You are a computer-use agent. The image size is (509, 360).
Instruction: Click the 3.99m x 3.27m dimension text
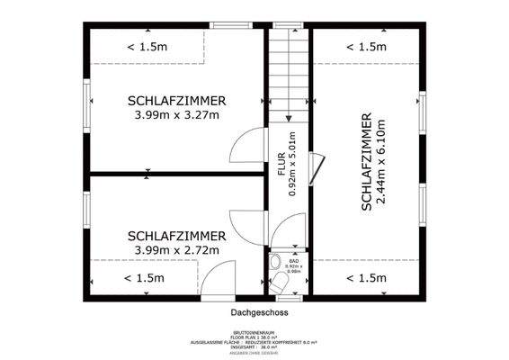click(x=176, y=115)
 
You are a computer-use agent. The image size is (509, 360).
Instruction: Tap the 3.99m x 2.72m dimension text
click(x=176, y=250)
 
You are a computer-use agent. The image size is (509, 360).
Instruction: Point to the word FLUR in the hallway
click(x=281, y=163)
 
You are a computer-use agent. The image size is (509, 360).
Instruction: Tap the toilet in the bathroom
click(x=281, y=284)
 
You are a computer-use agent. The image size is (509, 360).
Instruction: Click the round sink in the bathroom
click(x=273, y=264)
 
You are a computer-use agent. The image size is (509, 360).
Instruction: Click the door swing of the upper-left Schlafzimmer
click(x=247, y=146)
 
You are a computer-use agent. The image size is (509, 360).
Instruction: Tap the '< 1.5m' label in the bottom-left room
click(x=145, y=278)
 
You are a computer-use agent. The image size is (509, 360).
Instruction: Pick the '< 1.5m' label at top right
click(x=366, y=47)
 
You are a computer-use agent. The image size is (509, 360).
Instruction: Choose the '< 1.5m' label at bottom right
click(x=366, y=278)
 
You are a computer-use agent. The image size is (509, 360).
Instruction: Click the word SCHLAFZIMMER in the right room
click(x=366, y=163)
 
